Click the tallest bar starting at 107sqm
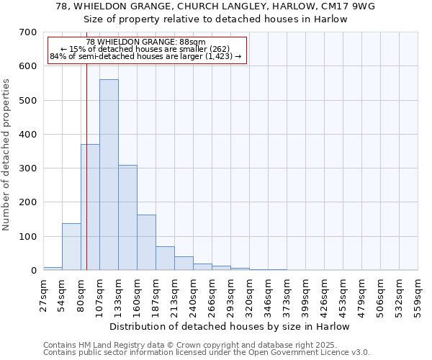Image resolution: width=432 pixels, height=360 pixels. [109, 175]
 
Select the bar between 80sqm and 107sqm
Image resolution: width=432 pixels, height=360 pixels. [90, 207]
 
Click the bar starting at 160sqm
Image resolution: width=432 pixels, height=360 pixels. [146, 243]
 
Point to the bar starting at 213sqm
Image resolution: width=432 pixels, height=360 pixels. [184, 264]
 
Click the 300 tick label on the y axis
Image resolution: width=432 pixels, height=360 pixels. [28, 168]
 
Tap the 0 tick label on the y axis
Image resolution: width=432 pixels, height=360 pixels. [33, 271]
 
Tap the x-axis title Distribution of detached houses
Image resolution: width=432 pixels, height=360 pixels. [230, 326]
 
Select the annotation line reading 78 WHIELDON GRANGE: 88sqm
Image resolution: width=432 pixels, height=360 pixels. [146, 42]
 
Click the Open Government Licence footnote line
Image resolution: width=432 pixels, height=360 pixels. [207, 352]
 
